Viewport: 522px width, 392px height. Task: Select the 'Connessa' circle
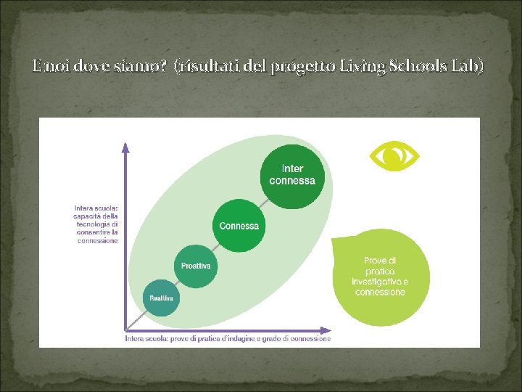tap(239, 226)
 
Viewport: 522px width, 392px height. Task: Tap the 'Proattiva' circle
tap(196, 266)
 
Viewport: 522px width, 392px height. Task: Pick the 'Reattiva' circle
tap(161, 298)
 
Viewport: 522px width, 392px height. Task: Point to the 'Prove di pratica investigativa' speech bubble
tap(380, 277)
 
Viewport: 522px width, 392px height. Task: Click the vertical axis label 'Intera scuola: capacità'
tap(96, 224)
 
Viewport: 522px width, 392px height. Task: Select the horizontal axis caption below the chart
tap(228, 338)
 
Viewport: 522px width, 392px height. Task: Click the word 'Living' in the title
tap(360, 66)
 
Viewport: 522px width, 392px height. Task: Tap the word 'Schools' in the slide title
tap(413, 66)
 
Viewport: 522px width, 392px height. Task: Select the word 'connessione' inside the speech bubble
tap(380, 292)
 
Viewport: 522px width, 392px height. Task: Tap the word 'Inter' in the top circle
tap(293, 169)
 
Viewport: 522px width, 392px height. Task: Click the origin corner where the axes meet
tap(126, 327)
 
